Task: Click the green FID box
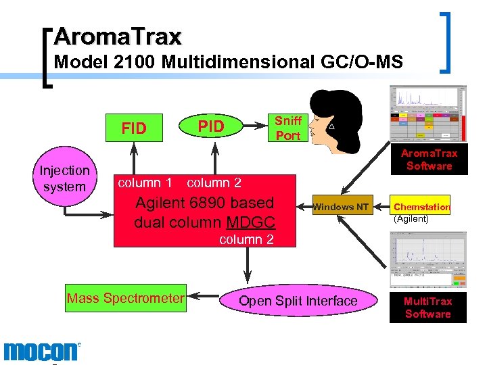click(134, 128)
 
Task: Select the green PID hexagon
click(211, 126)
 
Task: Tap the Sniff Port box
click(287, 128)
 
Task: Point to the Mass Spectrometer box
click(125, 298)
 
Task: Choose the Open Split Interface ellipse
click(298, 301)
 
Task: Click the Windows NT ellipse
click(341, 207)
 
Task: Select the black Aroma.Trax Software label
click(429, 160)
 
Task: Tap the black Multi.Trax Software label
click(427, 308)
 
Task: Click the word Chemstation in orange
click(422, 208)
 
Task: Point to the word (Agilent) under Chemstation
click(412, 218)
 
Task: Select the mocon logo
click(41, 352)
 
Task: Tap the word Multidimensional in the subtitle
click(238, 63)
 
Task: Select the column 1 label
click(139, 182)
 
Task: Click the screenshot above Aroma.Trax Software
click(428, 114)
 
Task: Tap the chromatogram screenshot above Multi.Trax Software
click(427, 260)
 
